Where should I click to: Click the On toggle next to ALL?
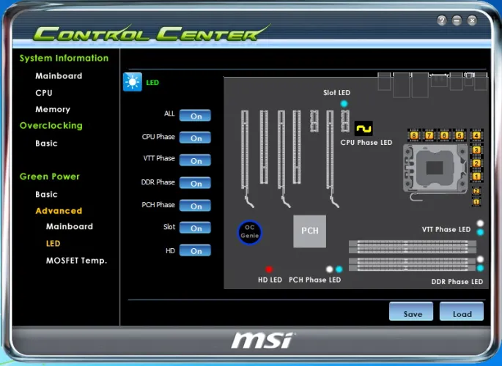(195, 116)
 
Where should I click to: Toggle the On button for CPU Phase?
(195, 138)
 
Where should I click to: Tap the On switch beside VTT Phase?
(195, 160)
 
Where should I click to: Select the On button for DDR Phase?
(195, 183)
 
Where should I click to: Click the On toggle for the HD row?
(195, 251)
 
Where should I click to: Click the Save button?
(412, 313)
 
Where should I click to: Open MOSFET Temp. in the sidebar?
(76, 260)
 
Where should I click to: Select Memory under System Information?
(53, 109)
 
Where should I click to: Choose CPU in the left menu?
(44, 93)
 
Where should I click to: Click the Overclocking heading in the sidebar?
(51, 125)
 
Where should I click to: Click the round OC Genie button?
(250, 232)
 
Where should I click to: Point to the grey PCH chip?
(309, 231)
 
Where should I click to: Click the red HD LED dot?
(269, 269)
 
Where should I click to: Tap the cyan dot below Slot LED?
(344, 104)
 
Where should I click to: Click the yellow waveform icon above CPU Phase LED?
(363, 128)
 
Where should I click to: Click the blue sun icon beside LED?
(133, 82)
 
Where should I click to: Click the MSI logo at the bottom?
(262, 340)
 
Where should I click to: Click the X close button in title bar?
(472, 20)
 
